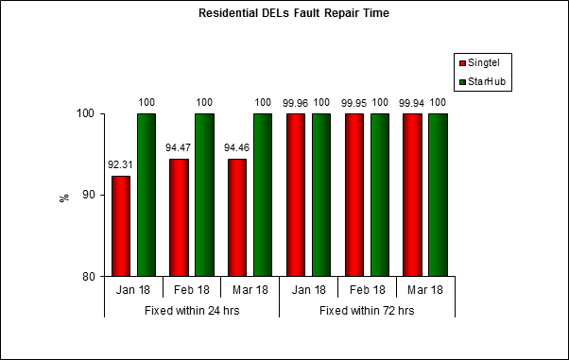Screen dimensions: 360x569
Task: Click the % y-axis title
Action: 64,197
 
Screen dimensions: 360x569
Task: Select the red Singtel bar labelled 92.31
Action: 121,226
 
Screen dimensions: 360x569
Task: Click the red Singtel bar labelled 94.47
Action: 179,217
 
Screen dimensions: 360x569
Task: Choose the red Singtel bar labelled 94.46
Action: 237,217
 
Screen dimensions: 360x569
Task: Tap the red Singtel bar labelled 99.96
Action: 296,195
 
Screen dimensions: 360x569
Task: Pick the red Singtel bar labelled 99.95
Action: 354,195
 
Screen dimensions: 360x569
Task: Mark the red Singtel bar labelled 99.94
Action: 412,195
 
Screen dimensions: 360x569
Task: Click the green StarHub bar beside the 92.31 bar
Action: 147,195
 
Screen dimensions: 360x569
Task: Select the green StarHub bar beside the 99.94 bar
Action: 438,195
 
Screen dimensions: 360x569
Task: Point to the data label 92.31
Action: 120,164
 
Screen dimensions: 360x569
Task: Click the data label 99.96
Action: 295,102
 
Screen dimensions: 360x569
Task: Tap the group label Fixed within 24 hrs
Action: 192,310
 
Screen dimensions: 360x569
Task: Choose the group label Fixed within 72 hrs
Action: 367,310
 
